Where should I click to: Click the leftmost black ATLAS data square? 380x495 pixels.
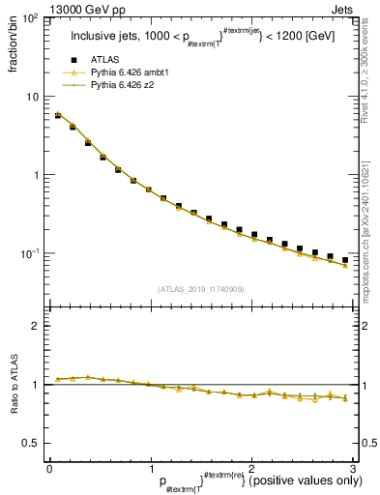click(58, 115)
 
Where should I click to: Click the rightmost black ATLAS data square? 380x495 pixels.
click(345, 260)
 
